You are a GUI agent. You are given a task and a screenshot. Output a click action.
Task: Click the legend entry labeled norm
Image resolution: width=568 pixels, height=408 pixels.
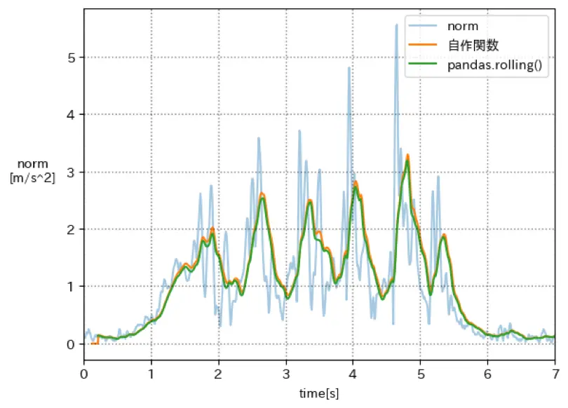(x=463, y=27)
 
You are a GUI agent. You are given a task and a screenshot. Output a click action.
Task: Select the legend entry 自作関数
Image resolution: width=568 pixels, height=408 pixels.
(x=473, y=46)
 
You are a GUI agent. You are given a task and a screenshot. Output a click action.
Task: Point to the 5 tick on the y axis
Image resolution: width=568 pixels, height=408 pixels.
(x=71, y=57)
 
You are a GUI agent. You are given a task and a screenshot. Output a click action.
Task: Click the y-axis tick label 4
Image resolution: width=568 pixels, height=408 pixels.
(x=71, y=115)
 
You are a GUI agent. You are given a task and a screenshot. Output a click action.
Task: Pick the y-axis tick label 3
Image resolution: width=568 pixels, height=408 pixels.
(x=71, y=172)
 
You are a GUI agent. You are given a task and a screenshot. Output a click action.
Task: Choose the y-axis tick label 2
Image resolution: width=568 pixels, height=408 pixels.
(x=71, y=230)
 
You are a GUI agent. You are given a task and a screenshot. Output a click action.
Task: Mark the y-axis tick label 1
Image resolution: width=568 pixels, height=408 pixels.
(x=71, y=287)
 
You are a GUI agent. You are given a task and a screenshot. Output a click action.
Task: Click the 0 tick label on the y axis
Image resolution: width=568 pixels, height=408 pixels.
(x=71, y=345)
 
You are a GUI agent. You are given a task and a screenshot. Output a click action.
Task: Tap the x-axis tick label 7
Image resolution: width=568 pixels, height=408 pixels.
(x=555, y=373)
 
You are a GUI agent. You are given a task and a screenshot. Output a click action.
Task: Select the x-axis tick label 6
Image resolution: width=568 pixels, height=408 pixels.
(x=487, y=373)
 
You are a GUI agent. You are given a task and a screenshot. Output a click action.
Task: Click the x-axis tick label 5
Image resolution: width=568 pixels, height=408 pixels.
(x=420, y=373)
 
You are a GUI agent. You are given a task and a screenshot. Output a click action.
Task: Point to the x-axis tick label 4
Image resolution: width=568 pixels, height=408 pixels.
(x=353, y=373)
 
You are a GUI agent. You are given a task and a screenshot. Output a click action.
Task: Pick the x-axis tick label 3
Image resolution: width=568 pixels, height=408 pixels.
(x=286, y=373)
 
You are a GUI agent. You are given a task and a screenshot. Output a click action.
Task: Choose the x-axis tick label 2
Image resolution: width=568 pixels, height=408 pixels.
(x=219, y=373)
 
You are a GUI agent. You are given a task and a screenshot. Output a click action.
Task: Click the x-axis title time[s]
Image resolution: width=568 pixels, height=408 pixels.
(x=319, y=393)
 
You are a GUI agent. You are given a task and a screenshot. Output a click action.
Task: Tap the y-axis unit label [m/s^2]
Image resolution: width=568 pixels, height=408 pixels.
(x=32, y=178)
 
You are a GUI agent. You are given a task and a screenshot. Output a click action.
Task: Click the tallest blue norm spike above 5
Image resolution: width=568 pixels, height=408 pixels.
(x=396, y=25)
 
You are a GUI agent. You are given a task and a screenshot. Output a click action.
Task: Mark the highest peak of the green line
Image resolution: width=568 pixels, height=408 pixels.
(x=407, y=162)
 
